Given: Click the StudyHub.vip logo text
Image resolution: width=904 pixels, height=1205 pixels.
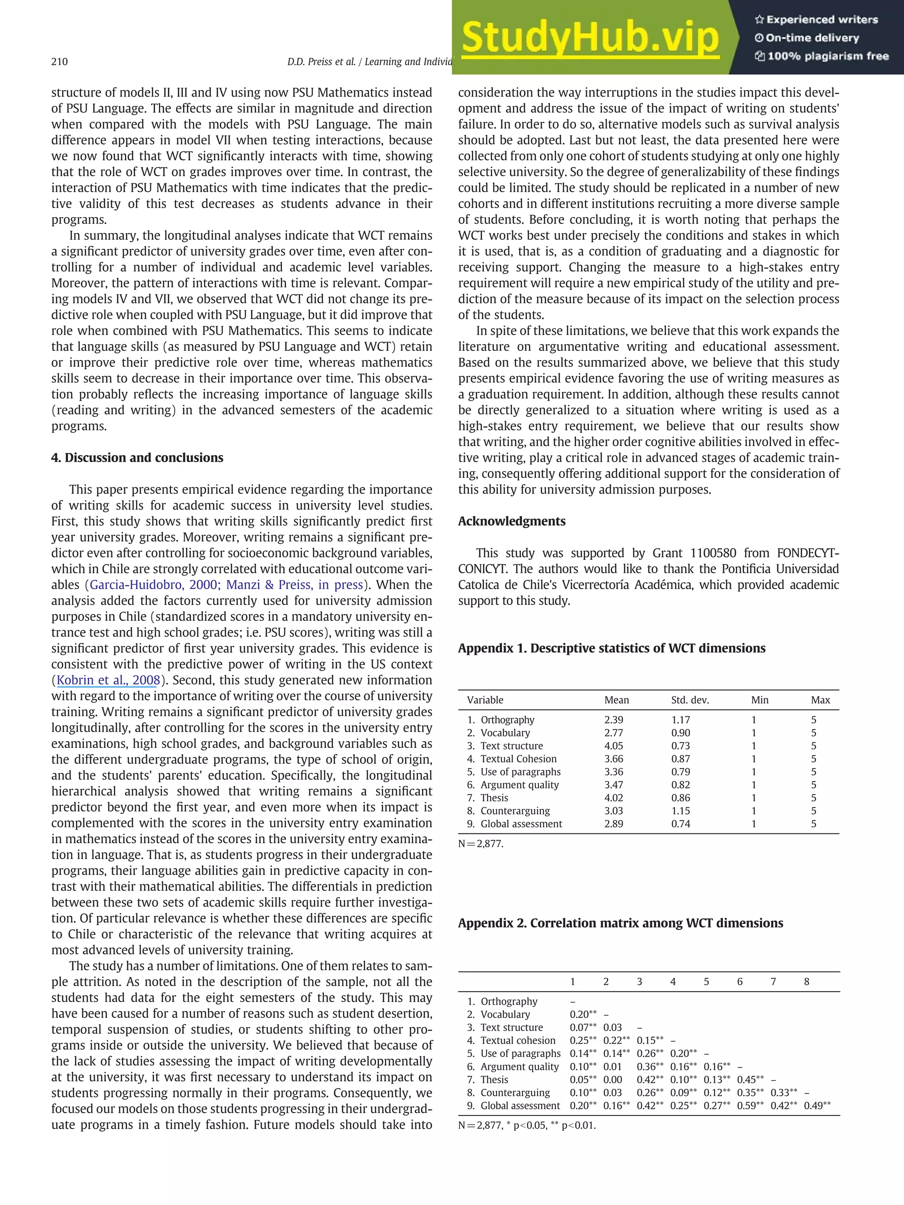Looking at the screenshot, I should (590, 38).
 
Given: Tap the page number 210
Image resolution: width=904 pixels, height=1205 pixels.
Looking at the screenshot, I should (60, 62).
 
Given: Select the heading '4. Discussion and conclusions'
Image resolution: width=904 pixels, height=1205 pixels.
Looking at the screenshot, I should (137, 458).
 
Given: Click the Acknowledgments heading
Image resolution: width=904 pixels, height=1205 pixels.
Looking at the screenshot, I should (512, 522).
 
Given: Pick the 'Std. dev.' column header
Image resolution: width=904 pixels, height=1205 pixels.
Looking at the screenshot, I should (690, 700).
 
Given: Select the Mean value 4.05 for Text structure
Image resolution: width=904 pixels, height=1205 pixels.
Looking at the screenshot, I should (614, 746).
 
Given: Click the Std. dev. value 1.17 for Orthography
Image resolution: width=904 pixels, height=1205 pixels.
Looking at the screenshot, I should (681, 720).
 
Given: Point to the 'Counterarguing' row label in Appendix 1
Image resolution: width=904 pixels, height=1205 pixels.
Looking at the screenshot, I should (515, 811).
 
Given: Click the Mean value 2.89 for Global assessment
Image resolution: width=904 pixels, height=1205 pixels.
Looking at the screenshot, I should (614, 824).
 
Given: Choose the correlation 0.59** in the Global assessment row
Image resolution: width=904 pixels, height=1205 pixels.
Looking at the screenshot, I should (750, 1105).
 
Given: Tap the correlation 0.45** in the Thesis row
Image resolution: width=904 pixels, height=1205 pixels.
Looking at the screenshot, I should (750, 1079).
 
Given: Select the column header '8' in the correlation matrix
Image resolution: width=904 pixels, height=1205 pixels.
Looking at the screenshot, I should (806, 982).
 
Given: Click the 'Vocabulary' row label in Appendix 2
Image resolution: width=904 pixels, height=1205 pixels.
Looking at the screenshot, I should (505, 1014).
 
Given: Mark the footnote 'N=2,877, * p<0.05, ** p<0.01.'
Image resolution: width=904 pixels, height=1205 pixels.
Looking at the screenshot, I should (527, 1126).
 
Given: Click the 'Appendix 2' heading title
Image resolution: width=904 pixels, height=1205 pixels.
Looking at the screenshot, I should (620, 923).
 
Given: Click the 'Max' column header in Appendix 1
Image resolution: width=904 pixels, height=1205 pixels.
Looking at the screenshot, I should (820, 700).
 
